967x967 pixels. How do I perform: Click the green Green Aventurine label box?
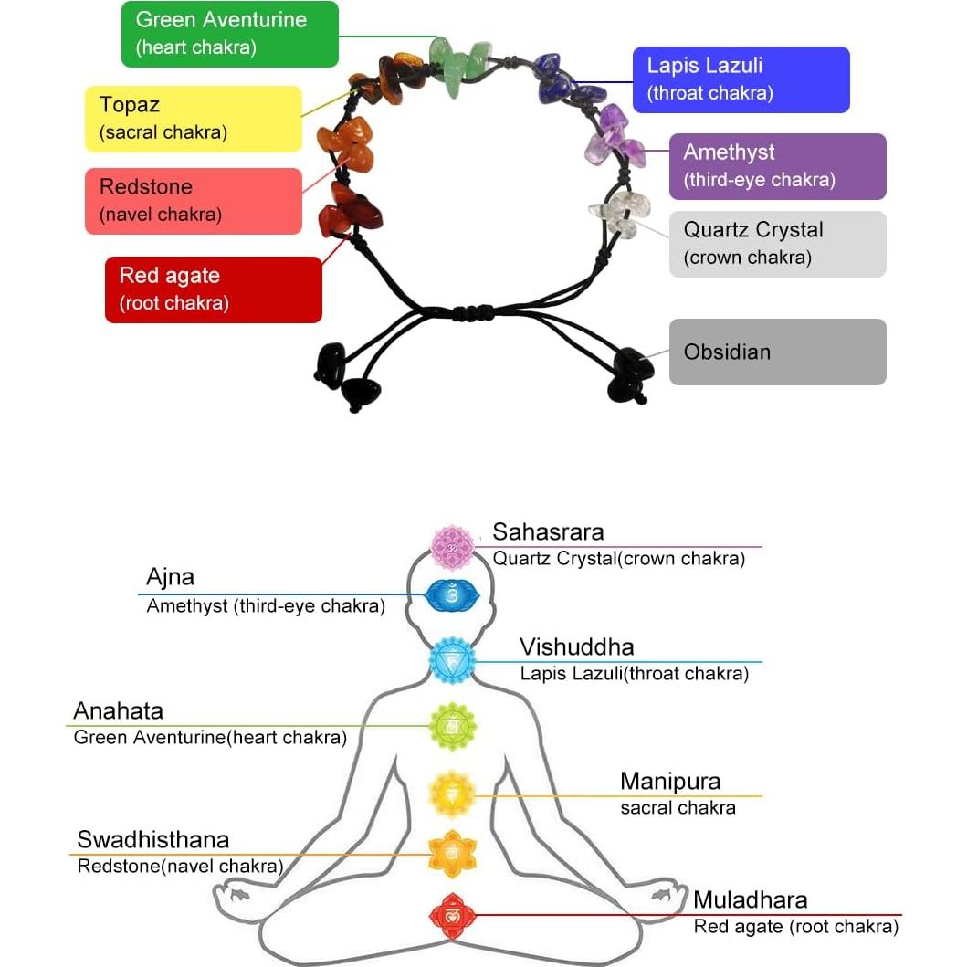(229, 34)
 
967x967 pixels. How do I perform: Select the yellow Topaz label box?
(193, 119)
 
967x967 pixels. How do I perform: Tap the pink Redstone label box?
(193, 201)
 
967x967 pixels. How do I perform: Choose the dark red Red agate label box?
(213, 289)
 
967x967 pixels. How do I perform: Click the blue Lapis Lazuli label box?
(741, 79)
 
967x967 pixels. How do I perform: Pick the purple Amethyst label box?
(777, 166)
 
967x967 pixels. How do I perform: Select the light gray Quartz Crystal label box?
(777, 244)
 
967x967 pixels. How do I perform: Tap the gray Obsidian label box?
(777, 352)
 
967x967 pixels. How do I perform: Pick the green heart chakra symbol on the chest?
(452, 726)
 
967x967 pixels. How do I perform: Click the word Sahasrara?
(548, 531)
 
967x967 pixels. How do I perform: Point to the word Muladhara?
(750, 900)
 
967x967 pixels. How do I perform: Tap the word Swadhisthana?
(152, 839)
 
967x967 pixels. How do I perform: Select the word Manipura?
(670, 782)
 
